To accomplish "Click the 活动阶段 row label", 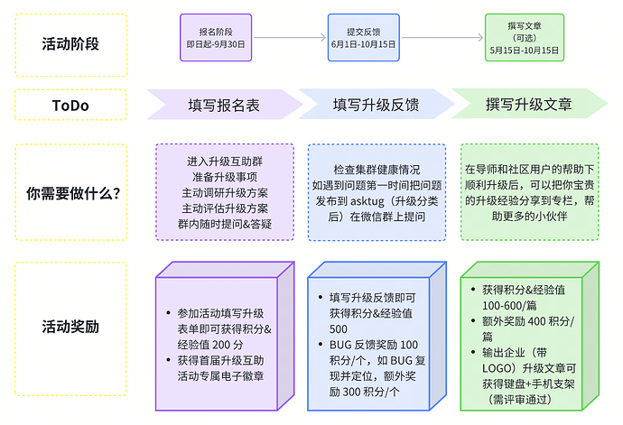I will pyautogui.click(x=71, y=42).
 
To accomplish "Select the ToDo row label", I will pyautogui.click(x=71, y=105).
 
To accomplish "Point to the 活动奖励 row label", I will pyautogui.click(x=71, y=325).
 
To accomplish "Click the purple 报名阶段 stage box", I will pyautogui.click(x=215, y=37).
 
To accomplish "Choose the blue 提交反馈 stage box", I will pyautogui.click(x=363, y=37).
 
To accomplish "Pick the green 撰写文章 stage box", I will pyautogui.click(x=523, y=37).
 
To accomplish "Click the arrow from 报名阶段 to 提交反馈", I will pyautogui.click(x=289, y=38).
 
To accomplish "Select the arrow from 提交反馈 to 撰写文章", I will pyautogui.click(x=442, y=38).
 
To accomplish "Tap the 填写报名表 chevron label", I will pyautogui.click(x=223, y=105).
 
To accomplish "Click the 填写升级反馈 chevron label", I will pyautogui.click(x=376, y=105).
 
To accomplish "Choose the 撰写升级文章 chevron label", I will pyautogui.click(x=530, y=105).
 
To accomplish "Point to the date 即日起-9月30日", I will pyautogui.click(x=215, y=43).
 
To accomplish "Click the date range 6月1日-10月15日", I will pyautogui.click(x=363, y=43).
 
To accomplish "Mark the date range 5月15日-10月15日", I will pyautogui.click(x=523, y=51).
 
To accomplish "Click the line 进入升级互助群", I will pyautogui.click(x=225, y=161).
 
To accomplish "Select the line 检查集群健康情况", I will pyautogui.click(x=376, y=169).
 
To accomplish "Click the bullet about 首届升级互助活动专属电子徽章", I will pyautogui.click(x=225, y=369).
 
